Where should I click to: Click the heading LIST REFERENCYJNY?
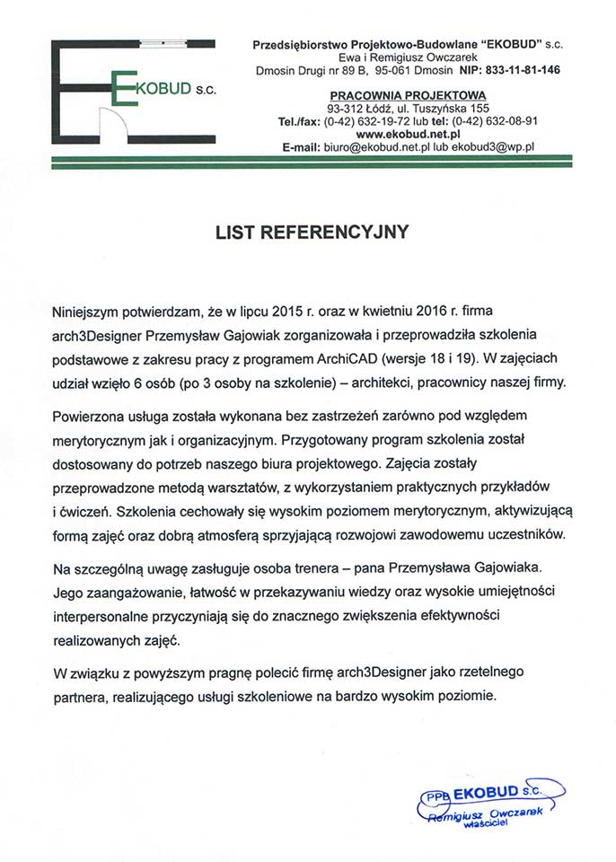click(x=312, y=232)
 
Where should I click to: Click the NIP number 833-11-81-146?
click(x=523, y=69)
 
